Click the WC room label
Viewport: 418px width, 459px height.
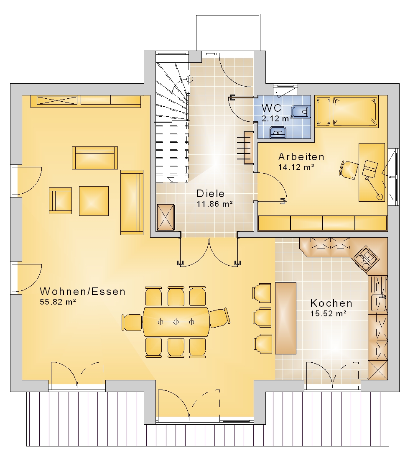point(271,108)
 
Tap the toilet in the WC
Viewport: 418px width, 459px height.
point(301,112)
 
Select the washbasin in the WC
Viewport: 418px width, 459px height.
point(278,133)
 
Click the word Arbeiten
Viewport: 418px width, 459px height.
point(301,157)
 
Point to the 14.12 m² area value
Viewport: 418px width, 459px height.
point(296,167)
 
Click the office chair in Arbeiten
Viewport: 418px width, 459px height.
point(349,169)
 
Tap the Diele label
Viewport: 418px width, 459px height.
point(211,193)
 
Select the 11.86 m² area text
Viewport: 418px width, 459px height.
point(214,204)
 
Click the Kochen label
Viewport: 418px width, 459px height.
point(331,303)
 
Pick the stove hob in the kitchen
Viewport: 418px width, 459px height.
point(366,259)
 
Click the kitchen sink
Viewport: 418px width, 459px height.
point(379,303)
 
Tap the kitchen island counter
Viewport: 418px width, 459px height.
point(286,318)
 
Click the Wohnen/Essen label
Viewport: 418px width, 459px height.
point(82,292)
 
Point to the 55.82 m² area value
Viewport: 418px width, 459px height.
point(58,302)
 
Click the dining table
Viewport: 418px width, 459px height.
point(176,322)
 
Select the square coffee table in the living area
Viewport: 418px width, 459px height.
point(94,201)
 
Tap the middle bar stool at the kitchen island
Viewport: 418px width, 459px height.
point(262,317)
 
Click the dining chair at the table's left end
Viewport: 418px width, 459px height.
point(132,322)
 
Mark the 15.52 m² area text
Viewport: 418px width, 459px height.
point(328,313)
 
